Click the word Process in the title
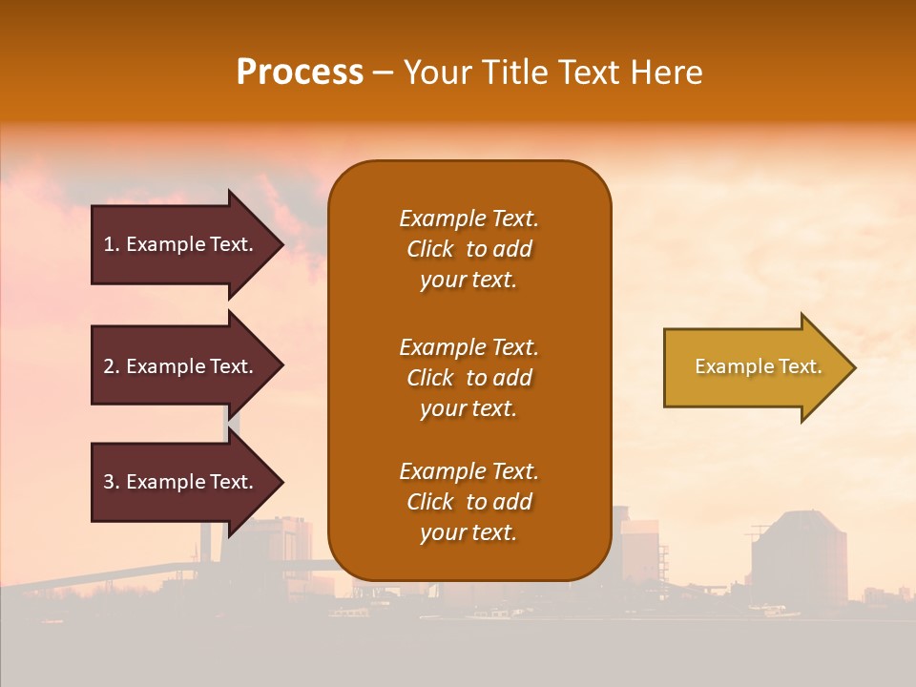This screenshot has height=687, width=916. [300, 73]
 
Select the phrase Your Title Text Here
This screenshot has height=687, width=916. [552, 73]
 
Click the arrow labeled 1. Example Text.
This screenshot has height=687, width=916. [181, 244]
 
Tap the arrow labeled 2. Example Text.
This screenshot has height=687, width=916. [181, 366]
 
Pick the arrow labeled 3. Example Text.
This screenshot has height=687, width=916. [181, 482]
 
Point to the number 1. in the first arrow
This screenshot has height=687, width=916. [112, 244]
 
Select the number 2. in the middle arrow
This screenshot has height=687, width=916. [112, 366]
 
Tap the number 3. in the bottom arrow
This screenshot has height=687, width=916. [112, 482]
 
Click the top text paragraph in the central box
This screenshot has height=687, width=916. [468, 249]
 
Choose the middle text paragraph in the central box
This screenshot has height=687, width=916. [468, 378]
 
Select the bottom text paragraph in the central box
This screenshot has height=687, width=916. [468, 502]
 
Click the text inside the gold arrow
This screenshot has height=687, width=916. [759, 366]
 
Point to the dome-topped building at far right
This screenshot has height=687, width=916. [799, 558]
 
